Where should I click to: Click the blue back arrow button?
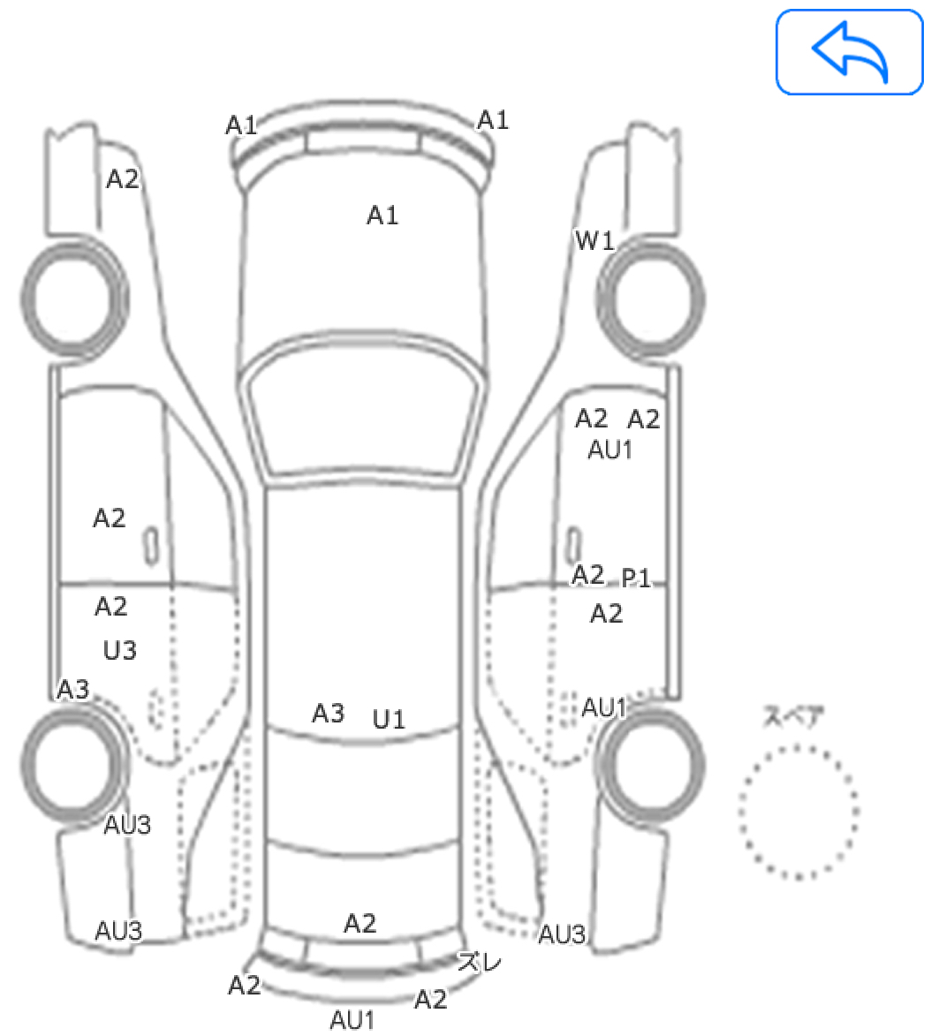(x=849, y=52)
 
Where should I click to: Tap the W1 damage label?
(x=594, y=241)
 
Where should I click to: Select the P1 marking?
(x=636, y=578)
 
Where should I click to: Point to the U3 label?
(x=119, y=651)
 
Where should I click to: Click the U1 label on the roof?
(x=389, y=719)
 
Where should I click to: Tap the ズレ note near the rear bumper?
(x=480, y=962)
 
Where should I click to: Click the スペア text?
(x=793, y=716)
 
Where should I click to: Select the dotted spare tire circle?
(x=799, y=812)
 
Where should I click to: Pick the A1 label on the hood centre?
(x=382, y=216)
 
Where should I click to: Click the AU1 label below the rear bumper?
(x=352, y=1019)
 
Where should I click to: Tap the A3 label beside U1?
(x=329, y=714)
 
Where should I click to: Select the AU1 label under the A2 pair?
(x=609, y=450)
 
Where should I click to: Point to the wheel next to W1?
(x=651, y=299)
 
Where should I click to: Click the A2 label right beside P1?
(x=588, y=575)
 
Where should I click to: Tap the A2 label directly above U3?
(x=111, y=607)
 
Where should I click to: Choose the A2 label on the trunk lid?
(x=360, y=923)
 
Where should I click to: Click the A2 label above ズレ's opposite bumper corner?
(x=245, y=986)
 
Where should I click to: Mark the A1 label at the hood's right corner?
(x=493, y=120)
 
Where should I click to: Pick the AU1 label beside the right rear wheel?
(x=604, y=707)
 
